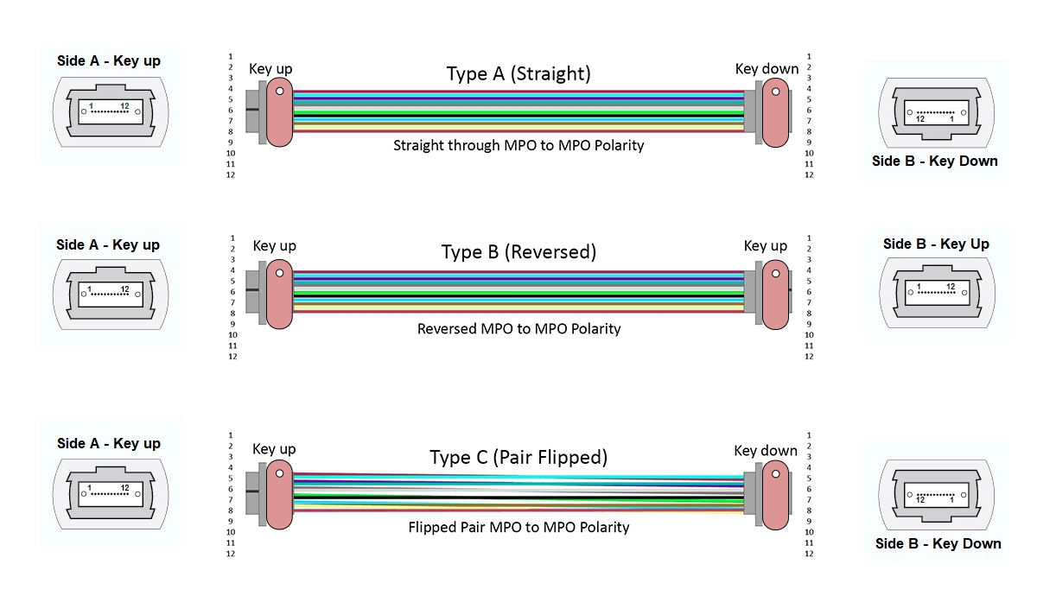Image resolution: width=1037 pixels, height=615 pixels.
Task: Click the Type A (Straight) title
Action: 518,73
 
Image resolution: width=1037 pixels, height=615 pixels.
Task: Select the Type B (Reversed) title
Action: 518,252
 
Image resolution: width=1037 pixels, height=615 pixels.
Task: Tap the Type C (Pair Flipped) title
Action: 518,457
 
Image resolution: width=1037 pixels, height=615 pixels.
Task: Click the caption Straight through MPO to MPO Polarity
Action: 518,145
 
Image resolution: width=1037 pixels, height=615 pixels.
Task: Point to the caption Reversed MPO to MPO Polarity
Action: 518,329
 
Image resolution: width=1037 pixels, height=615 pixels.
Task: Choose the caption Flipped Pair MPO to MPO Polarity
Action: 518,527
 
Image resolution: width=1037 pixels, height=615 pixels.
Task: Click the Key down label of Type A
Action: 767,69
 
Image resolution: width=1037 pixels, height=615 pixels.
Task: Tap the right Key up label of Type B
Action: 766,246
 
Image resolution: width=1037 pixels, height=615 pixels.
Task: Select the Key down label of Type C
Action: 766,450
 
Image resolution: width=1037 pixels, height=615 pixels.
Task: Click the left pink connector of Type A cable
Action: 280,112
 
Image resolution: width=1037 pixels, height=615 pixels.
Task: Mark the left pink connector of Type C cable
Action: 279,494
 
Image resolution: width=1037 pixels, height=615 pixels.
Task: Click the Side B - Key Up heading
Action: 936,244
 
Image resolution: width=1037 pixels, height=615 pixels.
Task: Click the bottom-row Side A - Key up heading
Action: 109,443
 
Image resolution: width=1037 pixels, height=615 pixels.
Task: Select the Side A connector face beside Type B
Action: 111,294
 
